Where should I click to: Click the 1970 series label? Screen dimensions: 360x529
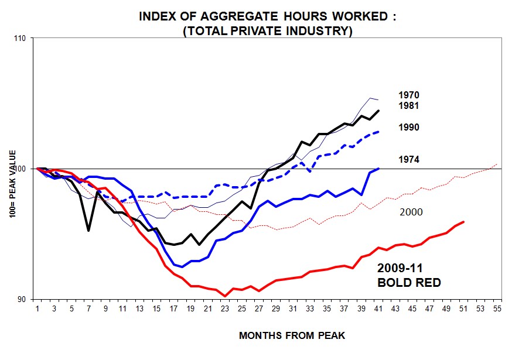pos(409,95)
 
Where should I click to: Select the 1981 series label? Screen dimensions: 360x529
pos(409,106)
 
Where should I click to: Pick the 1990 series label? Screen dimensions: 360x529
pos(409,128)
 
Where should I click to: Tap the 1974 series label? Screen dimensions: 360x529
pos(409,159)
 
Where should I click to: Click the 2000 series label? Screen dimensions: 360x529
pos(409,212)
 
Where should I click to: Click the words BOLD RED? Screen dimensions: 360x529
pos(409,283)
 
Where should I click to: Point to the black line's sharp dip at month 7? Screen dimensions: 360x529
pos(88,230)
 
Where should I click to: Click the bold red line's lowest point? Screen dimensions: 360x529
pos(225,296)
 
